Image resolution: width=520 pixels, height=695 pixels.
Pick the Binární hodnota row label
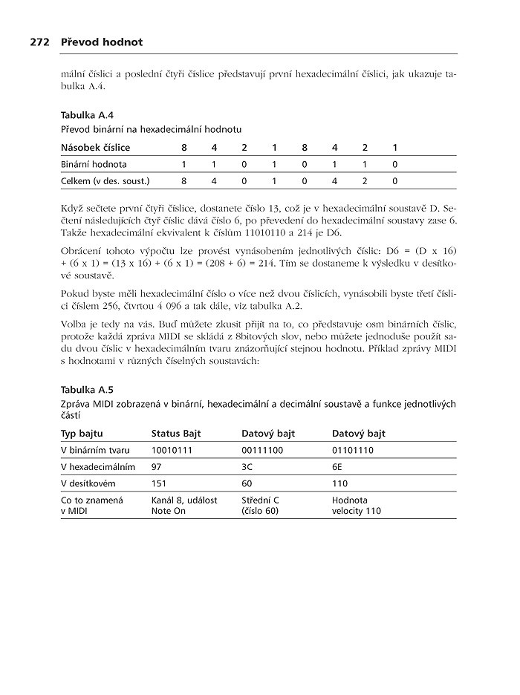click(x=94, y=163)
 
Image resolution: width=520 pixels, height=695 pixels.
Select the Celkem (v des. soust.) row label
click(x=105, y=180)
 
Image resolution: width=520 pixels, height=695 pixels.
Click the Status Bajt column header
click(x=176, y=434)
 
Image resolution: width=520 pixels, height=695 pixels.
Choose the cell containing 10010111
click(x=172, y=450)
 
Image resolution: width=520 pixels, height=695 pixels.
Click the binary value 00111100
click(x=263, y=450)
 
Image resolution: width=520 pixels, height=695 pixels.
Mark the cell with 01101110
click(x=353, y=450)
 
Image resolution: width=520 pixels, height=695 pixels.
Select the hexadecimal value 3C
click(x=247, y=467)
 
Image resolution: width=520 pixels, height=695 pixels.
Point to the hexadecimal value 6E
click(x=337, y=467)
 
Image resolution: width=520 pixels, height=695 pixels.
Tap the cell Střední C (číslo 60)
click(x=261, y=506)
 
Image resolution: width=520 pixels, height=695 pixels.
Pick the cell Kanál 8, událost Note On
click(x=184, y=506)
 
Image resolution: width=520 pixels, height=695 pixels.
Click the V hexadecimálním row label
click(x=97, y=467)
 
